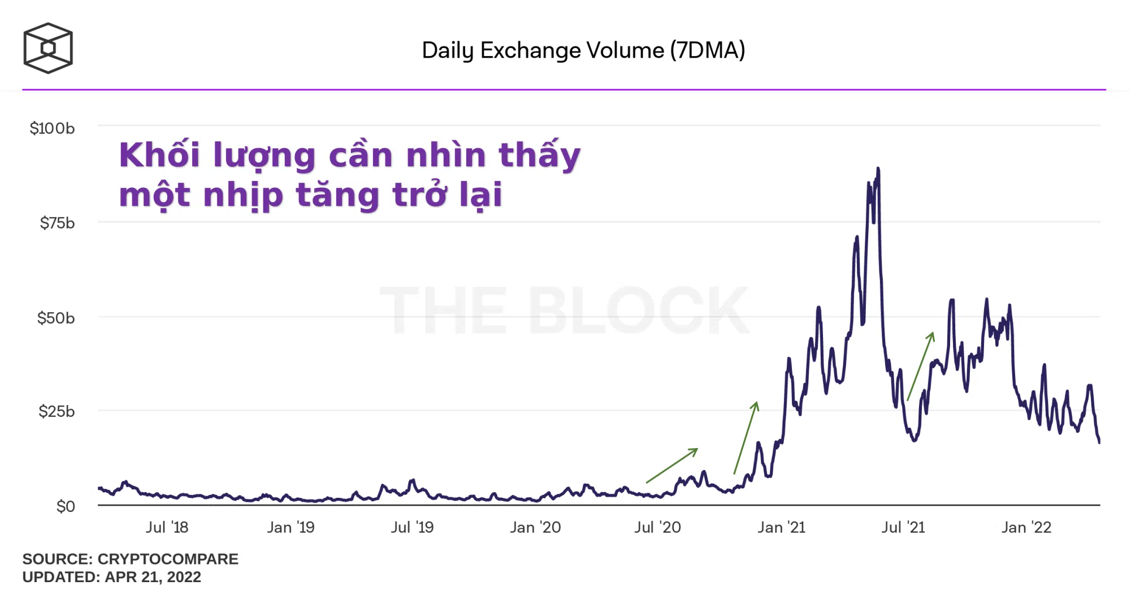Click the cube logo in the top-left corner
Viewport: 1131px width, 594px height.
click(x=48, y=48)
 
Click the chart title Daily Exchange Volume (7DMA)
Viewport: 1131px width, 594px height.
click(x=583, y=50)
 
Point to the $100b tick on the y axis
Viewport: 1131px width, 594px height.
click(x=52, y=128)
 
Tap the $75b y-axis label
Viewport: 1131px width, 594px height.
click(x=57, y=223)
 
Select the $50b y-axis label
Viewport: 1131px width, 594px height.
click(x=56, y=318)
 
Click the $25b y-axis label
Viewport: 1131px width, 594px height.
click(x=57, y=411)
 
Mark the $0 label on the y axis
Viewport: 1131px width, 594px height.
click(x=66, y=506)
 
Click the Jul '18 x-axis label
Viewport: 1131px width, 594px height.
click(x=167, y=527)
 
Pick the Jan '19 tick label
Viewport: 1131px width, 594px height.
click(x=291, y=527)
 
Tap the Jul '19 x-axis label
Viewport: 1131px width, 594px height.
click(x=412, y=527)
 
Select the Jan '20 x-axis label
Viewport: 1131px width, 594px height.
click(x=535, y=527)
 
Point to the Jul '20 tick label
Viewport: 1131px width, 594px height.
click(x=657, y=527)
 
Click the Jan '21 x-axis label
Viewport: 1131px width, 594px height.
click(x=781, y=527)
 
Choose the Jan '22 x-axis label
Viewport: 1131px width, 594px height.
click(x=1026, y=527)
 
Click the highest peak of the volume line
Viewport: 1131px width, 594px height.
click(x=878, y=169)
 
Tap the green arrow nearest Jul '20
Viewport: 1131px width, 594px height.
click(x=671, y=466)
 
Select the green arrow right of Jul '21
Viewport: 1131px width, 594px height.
click(x=921, y=366)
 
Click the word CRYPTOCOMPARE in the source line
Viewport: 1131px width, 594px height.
click(x=168, y=559)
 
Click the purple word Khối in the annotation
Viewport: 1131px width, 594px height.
click(x=159, y=155)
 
